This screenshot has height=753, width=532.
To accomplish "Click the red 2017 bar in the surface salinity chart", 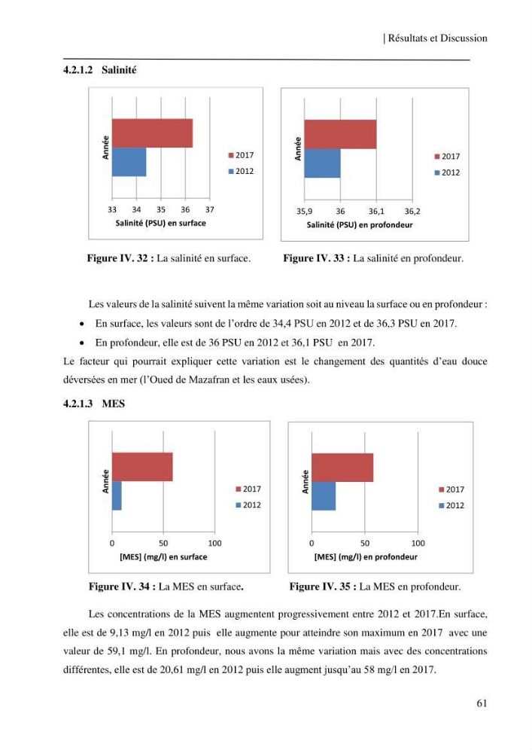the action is [152, 133].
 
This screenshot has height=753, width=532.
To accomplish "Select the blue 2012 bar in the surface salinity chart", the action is [129, 162].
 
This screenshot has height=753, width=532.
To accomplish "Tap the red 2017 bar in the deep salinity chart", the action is [340, 135].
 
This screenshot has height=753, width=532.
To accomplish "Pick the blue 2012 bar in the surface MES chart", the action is [117, 495].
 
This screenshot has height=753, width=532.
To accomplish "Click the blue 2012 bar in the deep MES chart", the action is [324, 496].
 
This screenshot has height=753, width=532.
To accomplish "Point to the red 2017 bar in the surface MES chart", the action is [142, 467].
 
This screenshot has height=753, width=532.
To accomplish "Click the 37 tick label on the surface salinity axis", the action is [210, 209].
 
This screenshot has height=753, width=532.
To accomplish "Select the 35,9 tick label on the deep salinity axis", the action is [304, 212].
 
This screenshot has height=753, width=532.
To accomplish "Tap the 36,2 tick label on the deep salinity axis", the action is [412, 212].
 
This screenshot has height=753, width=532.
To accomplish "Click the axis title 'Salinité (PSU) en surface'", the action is [161, 223].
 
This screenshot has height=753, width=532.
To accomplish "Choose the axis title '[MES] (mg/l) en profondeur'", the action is [366, 557].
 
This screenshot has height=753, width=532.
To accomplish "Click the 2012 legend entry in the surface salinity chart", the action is [241, 171].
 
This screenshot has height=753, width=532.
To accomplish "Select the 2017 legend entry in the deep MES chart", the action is [451, 489].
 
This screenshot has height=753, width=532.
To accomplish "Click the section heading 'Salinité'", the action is [119, 70].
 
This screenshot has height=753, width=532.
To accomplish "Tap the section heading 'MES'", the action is [113, 404].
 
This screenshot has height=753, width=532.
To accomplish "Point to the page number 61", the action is [482, 703].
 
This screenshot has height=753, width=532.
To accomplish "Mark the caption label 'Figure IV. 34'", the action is [120, 587].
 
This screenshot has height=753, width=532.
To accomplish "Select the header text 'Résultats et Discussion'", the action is [437, 38].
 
